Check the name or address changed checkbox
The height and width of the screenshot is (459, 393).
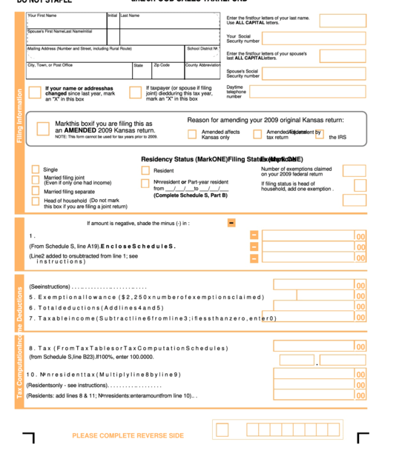coord(35,93)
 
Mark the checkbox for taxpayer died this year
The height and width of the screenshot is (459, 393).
coord(135,93)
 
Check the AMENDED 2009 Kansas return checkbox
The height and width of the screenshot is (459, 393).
coord(43,128)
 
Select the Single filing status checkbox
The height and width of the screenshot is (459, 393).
coord(36,170)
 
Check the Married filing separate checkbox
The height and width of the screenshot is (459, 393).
coord(36,191)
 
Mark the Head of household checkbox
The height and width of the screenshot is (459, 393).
coord(36,201)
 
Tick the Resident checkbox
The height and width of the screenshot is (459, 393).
coord(145,170)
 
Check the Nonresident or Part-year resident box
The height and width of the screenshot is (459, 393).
coord(145,182)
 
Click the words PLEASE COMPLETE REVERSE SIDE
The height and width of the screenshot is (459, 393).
coord(128,435)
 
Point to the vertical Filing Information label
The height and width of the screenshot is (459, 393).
coord(19,117)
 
